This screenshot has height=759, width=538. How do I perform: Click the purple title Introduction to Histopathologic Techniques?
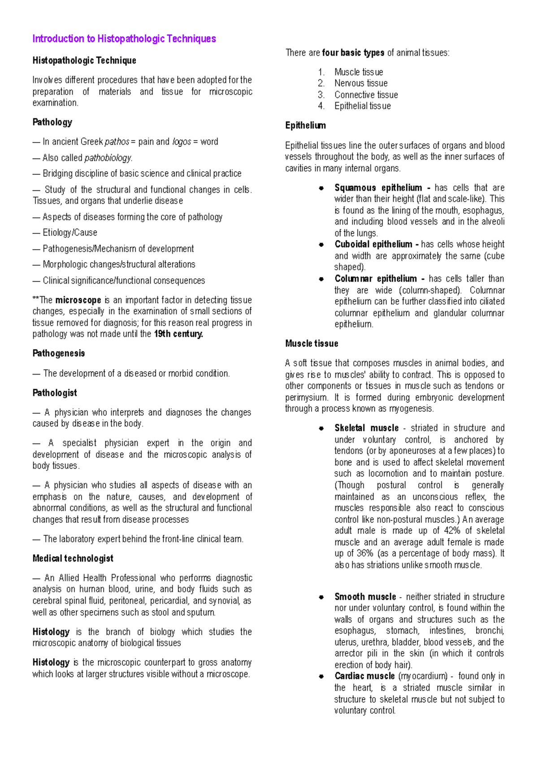coord(124,39)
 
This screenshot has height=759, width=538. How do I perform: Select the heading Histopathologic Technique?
coord(84,60)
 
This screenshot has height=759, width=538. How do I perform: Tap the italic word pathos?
coord(117,142)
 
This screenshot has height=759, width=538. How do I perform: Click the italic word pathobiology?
coord(108,158)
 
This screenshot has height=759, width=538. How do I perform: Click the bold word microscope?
coord(78,300)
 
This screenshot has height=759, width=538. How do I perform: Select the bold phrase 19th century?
coord(178,334)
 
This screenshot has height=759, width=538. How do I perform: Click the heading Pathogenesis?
coord(59,354)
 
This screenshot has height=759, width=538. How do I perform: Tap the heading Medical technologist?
coord(73,559)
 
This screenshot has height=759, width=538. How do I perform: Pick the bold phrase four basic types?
coord(353,53)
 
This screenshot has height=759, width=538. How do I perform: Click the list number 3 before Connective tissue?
coord(321,95)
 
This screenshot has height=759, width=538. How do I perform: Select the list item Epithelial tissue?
coord(362,106)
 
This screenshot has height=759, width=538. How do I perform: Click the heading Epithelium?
coord(306,126)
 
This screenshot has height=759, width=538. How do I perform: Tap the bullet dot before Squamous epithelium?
coord(321,188)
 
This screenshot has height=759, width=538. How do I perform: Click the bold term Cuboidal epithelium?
coord(373,245)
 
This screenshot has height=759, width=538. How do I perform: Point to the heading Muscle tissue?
coord(312,344)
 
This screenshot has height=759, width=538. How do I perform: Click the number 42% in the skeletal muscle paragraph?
coord(452,531)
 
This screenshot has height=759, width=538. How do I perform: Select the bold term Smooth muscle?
coord(365,597)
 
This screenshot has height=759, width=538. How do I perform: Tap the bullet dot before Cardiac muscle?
coord(321,677)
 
